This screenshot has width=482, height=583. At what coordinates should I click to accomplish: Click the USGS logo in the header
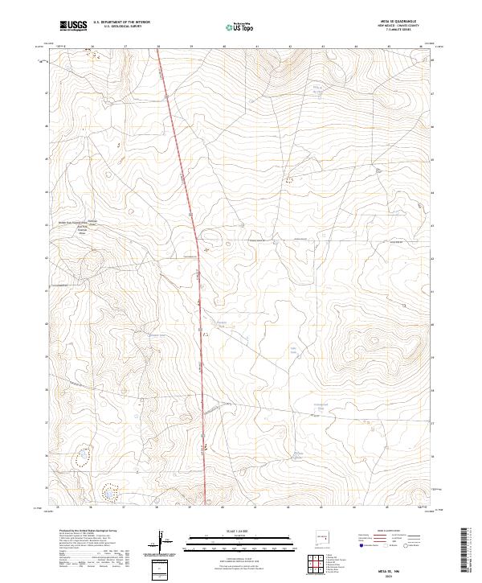pyautogui.click(x=74, y=26)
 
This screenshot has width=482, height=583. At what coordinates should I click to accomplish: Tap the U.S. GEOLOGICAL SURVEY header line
pyautogui.click(x=116, y=27)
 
